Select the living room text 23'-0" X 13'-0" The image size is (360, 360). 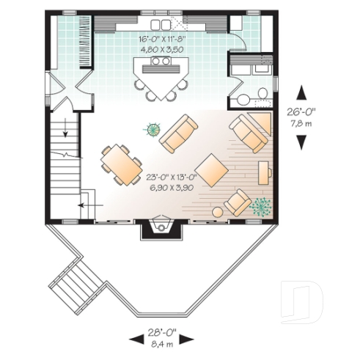[x=172, y=177]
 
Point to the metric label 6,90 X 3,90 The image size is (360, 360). [x=172, y=187]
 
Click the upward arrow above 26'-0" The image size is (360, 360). [x=301, y=92]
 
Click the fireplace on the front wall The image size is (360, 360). [x=160, y=229]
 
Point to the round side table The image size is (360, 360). [x=218, y=212]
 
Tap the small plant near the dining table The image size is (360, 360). [x=153, y=130]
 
